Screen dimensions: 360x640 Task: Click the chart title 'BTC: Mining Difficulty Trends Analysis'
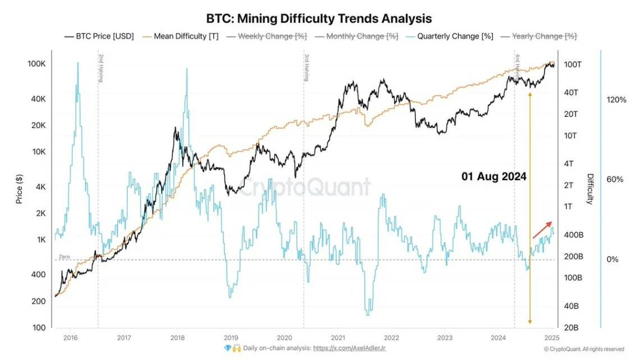[x=320, y=19]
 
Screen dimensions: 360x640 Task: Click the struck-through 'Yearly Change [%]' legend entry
[x=544, y=36]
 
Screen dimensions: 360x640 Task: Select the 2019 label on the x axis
[x=231, y=338]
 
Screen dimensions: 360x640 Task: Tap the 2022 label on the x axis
[x=391, y=338]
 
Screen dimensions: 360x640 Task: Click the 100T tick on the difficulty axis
[x=573, y=65]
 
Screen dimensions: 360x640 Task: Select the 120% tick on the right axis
[x=616, y=99]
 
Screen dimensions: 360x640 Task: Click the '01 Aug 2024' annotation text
[x=494, y=176]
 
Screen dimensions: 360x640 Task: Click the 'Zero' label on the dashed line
[x=63, y=257]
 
